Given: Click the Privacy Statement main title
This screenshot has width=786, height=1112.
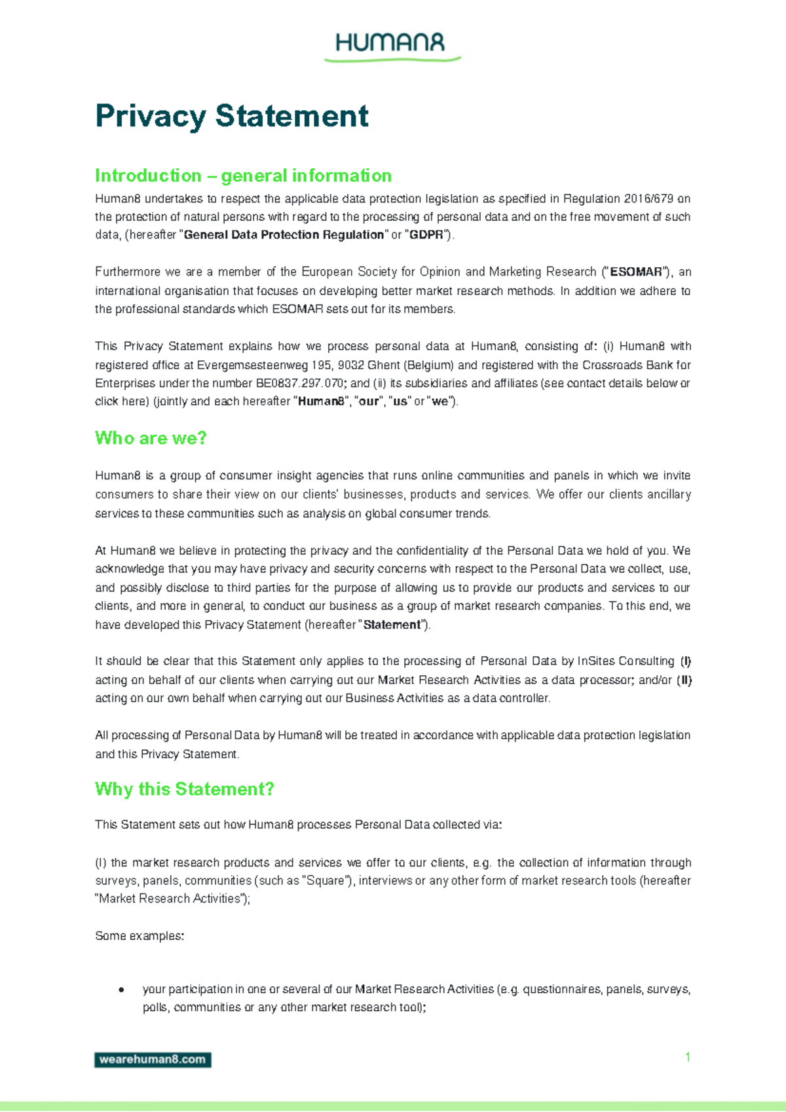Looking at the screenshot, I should click(231, 116).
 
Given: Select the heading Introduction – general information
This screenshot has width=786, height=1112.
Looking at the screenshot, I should click(243, 176).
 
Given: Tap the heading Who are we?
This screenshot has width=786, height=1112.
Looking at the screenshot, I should click(151, 437).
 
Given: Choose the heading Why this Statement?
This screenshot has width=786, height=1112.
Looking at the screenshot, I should click(184, 788).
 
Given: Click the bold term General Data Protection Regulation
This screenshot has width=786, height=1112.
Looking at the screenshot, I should click(284, 234).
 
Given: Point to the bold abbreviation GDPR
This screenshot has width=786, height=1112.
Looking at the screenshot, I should click(426, 234).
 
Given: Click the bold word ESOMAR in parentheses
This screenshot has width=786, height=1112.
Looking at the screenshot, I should click(636, 272).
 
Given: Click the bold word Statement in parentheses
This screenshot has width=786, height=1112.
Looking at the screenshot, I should click(392, 625).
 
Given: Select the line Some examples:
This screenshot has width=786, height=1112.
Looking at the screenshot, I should click(140, 936).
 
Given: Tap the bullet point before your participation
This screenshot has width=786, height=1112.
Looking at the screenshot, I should click(121, 990).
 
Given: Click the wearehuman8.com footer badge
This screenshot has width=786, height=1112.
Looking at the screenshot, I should click(153, 1059).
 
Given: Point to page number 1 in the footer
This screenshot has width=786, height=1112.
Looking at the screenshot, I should click(687, 1056).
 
